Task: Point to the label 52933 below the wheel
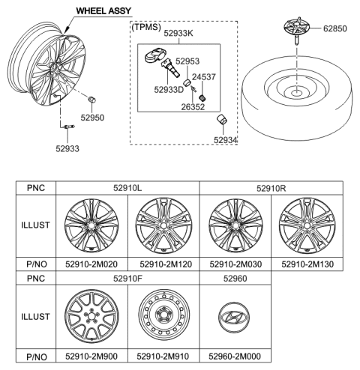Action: click(65, 148)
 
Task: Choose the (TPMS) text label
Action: click(147, 26)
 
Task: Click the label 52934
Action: click(225, 140)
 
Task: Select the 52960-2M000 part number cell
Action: click(234, 356)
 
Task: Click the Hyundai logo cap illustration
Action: click(234, 315)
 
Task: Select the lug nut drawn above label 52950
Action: click(91, 101)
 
